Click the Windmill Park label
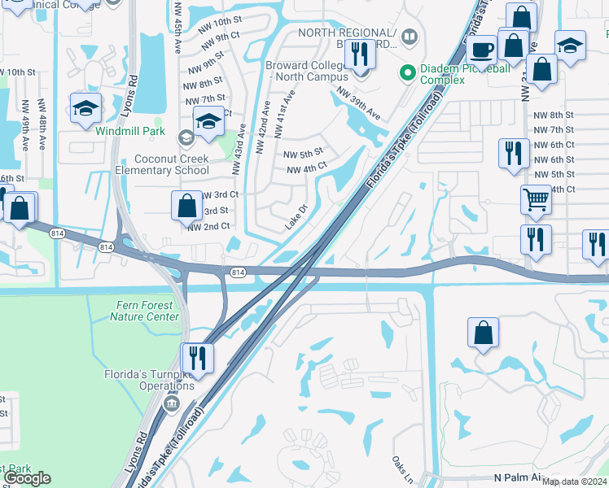click(129, 132)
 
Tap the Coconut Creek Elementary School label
click(160, 164)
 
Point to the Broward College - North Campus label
click(305, 71)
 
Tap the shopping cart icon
click(535, 199)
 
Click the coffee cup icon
click(481, 50)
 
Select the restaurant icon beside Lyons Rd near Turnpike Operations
click(196, 357)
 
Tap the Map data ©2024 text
click(574, 482)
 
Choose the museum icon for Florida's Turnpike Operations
click(172, 402)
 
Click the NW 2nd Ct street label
click(208, 227)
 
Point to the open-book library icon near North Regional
click(409, 37)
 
